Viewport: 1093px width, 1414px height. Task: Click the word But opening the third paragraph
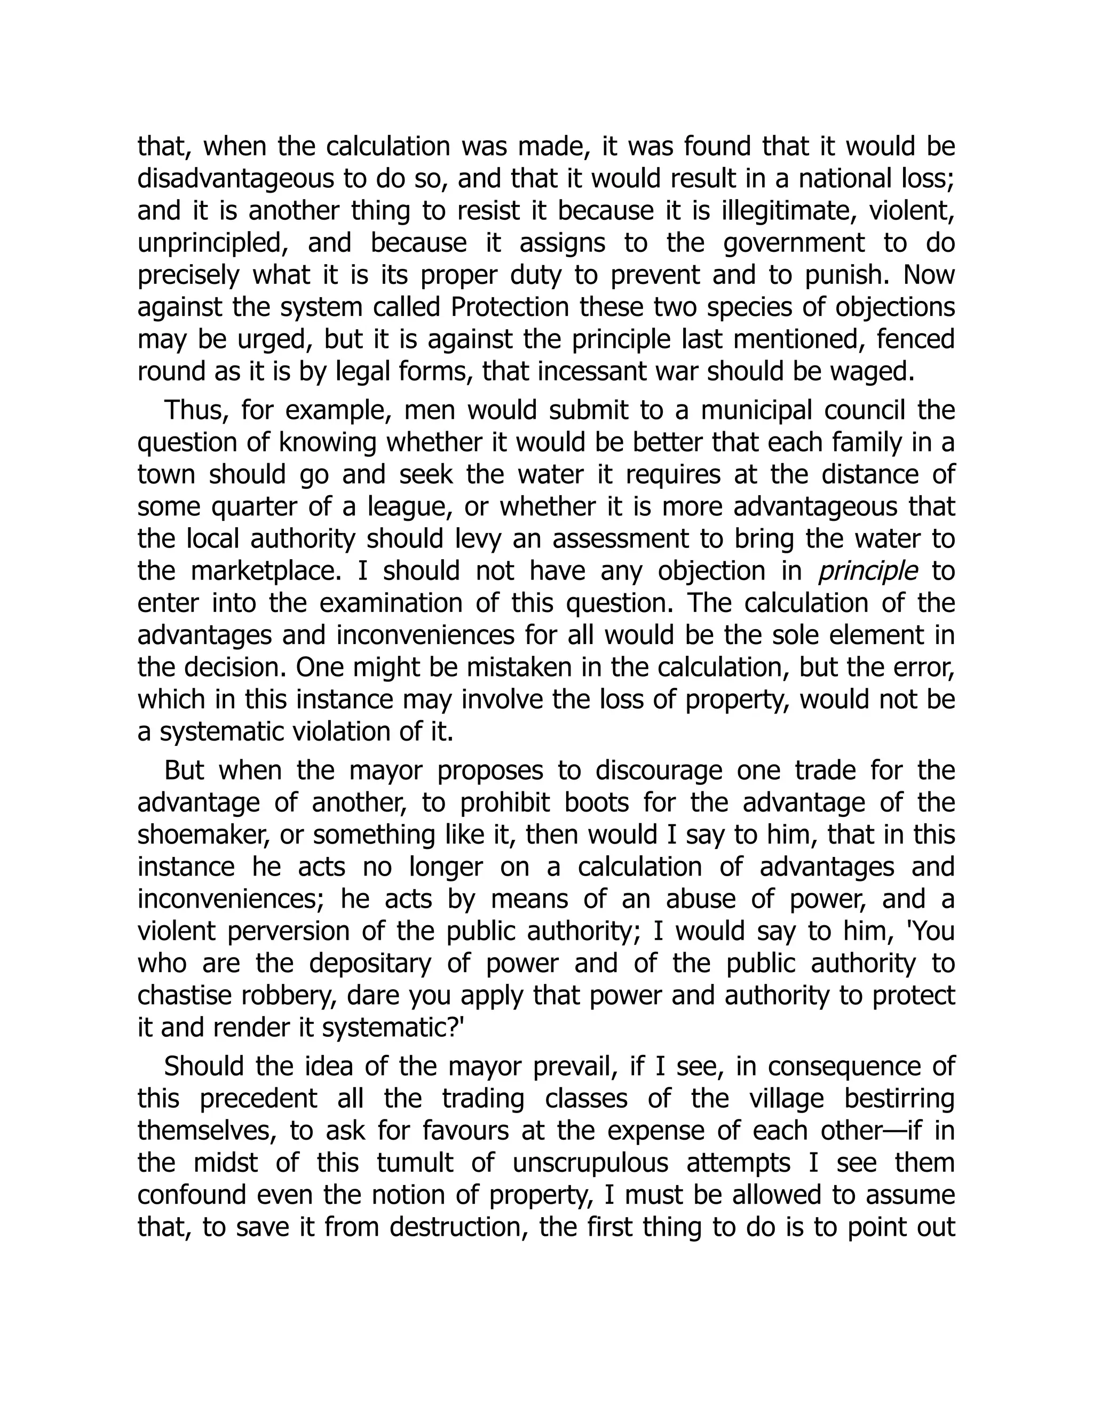point(184,771)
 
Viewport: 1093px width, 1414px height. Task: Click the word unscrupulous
point(590,1163)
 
